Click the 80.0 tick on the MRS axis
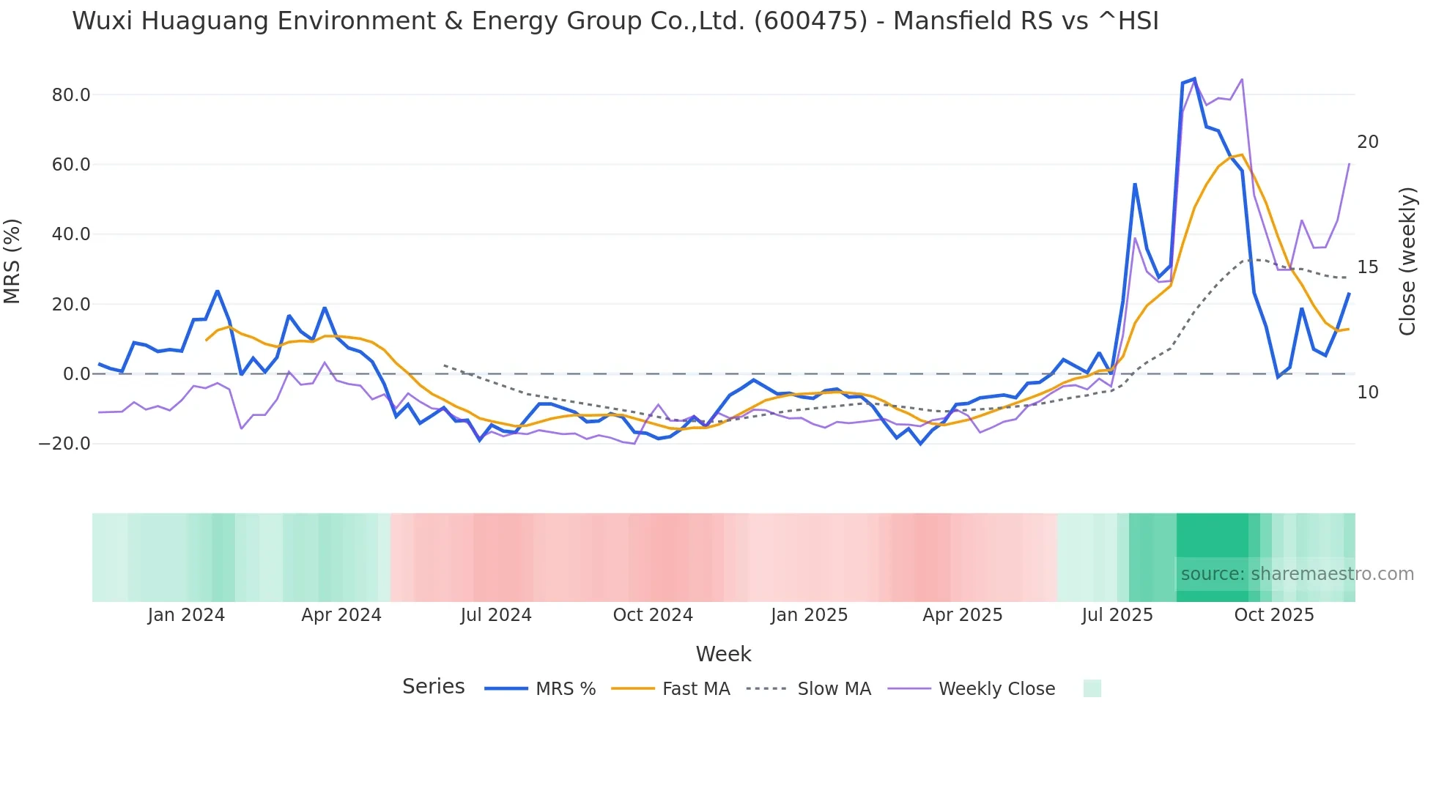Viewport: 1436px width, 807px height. coord(71,95)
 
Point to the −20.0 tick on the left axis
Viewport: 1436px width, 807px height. coord(65,444)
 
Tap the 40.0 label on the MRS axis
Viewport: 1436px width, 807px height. coord(71,234)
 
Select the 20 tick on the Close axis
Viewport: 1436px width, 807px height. coord(1367,142)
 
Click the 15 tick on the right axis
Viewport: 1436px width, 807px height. coord(1367,267)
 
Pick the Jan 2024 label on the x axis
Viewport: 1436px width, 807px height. coord(186,615)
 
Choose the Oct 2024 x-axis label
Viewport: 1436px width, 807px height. coord(653,615)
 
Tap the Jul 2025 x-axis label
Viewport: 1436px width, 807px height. coord(1117,615)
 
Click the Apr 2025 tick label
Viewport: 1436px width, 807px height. coord(962,615)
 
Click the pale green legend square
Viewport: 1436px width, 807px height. coord(1092,688)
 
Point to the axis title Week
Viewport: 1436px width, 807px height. coord(723,654)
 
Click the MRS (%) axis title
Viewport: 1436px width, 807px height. coord(12,261)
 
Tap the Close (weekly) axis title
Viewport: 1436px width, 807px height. coord(1407,261)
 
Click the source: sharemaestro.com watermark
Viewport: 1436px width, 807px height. coord(1297,574)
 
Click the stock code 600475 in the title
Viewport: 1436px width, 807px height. coord(810,21)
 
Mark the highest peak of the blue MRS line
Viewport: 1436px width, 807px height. coord(1194,78)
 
